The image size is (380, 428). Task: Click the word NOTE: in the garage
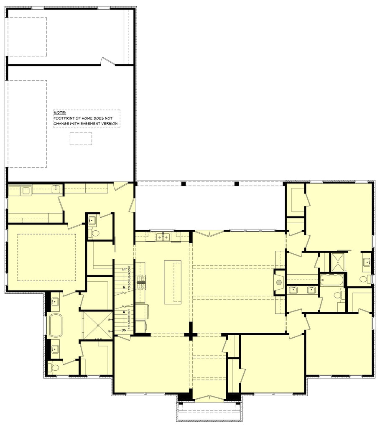pyautogui.click(x=59, y=112)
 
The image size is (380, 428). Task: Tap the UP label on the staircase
pyautogui.click(x=124, y=269)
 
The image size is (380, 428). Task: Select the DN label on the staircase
pyautogui.click(x=124, y=330)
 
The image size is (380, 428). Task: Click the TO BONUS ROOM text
pyautogui.click(x=130, y=278)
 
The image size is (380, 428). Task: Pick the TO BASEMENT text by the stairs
pyautogui.click(x=130, y=320)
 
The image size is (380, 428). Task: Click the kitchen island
pyautogui.click(x=173, y=282)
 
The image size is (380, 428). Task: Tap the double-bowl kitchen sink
pyautogui.click(x=163, y=237)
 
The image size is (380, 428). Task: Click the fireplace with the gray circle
pyautogui.click(x=279, y=282)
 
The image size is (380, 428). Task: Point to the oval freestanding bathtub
pyautogui.click(x=56, y=325)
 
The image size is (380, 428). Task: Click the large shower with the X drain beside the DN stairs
pyautogui.click(x=97, y=325)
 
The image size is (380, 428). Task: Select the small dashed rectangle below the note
pyautogui.click(x=81, y=139)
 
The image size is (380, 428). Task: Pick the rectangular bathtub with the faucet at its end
pyautogui.click(x=330, y=280)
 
